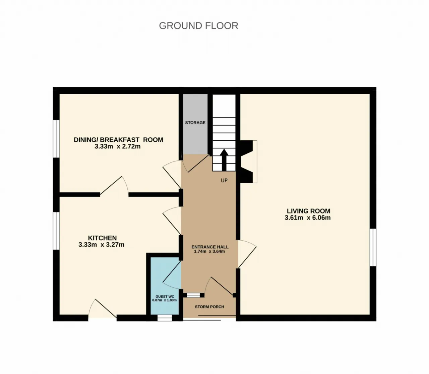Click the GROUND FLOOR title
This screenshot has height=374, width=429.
(x=198, y=26)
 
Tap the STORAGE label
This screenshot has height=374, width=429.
(x=195, y=123)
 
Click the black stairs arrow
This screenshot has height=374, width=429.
(x=224, y=160)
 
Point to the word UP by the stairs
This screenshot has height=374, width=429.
(x=224, y=180)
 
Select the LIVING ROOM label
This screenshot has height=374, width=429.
(x=308, y=211)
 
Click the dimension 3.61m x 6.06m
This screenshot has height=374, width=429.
(x=308, y=218)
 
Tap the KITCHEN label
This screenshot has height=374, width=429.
(x=102, y=238)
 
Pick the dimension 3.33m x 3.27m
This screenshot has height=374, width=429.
(x=102, y=245)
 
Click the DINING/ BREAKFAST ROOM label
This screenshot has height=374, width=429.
(x=118, y=140)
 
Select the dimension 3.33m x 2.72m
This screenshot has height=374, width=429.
(x=117, y=146)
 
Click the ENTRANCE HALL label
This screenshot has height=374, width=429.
(x=210, y=247)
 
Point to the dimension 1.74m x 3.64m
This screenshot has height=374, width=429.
(x=209, y=251)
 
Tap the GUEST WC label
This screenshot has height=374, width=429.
(x=165, y=296)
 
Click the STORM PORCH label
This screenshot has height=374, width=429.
(x=209, y=307)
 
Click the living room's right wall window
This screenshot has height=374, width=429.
(x=373, y=247)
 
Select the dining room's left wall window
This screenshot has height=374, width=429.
(x=56, y=139)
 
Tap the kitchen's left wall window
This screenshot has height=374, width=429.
(x=56, y=231)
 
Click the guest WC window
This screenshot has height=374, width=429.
(x=165, y=318)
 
